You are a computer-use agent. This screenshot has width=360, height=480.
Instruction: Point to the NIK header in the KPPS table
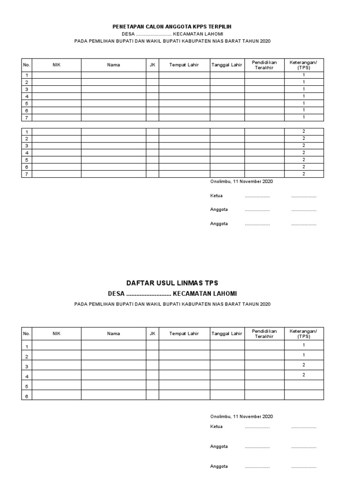click(x=56, y=65)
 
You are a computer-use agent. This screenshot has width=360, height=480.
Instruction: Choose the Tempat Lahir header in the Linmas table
click(x=184, y=334)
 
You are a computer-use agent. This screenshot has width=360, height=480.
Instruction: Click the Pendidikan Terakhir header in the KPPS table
click(x=264, y=65)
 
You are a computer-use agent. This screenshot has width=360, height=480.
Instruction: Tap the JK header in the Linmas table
click(x=152, y=334)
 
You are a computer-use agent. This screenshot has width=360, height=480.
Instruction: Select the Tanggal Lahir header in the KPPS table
click(x=227, y=65)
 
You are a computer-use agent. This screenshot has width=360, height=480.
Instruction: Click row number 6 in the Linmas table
click(x=27, y=396)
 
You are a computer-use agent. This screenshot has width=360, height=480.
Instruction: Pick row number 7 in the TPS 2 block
click(x=27, y=174)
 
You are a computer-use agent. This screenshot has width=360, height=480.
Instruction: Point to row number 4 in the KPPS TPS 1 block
click(x=27, y=96)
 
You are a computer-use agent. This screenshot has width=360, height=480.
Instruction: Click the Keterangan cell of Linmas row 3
click(x=304, y=365)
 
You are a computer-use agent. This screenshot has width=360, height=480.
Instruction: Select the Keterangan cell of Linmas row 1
click(x=304, y=345)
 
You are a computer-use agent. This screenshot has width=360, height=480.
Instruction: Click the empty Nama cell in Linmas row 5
click(x=113, y=385)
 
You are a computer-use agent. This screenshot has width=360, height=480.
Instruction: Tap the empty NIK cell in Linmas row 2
click(x=56, y=356)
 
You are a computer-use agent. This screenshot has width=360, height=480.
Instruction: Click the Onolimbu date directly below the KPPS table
click(x=241, y=181)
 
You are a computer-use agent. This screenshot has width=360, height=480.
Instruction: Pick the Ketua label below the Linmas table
click(x=216, y=427)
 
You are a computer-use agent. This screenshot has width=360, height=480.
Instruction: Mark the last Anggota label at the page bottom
click(x=219, y=466)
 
